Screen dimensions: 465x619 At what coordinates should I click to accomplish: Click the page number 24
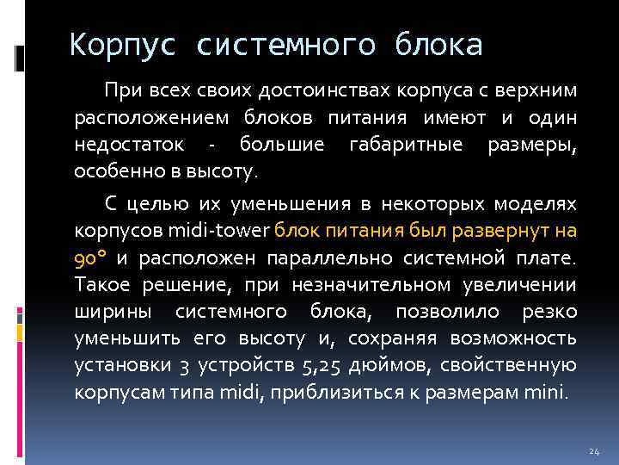tap(593, 451)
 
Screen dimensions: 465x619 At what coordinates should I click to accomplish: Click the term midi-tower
tap(226, 231)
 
